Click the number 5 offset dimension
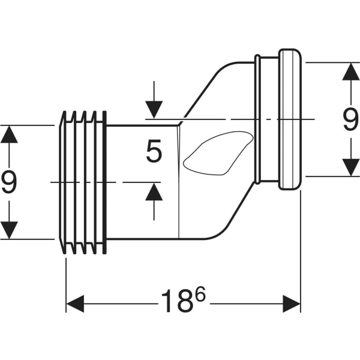click(154, 152)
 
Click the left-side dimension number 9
click(9, 182)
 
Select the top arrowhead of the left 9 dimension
click(9, 134)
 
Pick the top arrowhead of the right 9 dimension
click(350, 71)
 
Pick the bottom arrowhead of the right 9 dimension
click(350, 167)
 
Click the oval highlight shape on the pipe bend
click(216, 154)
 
